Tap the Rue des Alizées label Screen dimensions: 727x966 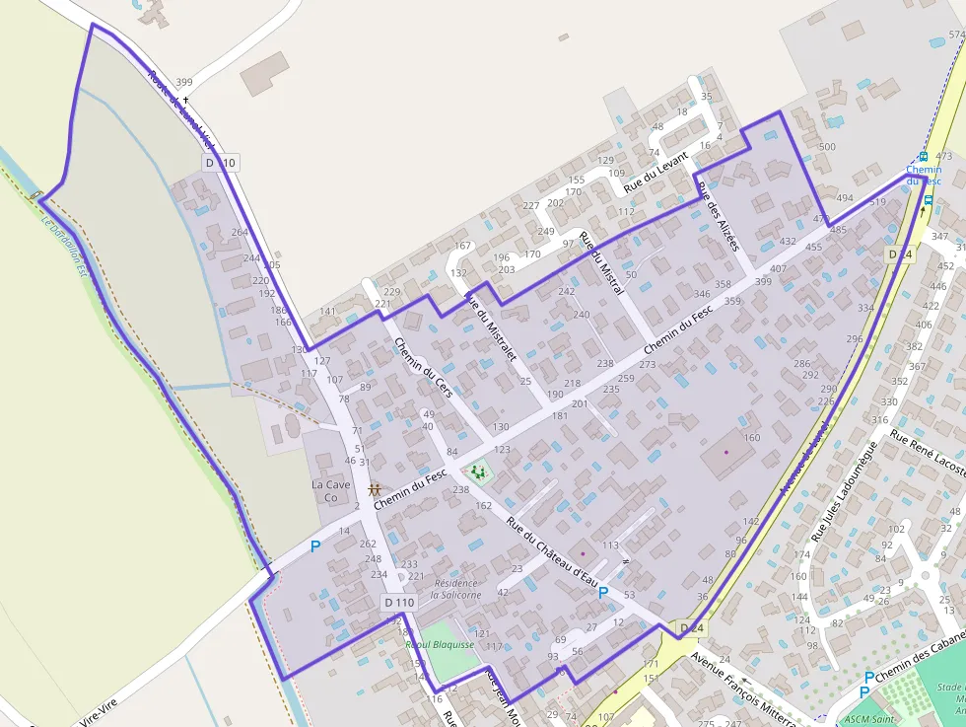[717, 215]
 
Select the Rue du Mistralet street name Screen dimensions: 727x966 [490, 327]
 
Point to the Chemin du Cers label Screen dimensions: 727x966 [423, 368]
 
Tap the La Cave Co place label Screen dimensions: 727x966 [330, 491]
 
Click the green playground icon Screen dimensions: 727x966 [479, 473]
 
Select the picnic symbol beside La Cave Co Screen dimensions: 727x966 [374, 489]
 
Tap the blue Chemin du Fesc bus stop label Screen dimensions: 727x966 [924, 175]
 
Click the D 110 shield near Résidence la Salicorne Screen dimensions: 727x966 [399, 602]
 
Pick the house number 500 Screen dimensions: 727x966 [827, 147]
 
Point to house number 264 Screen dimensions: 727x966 [240, 233]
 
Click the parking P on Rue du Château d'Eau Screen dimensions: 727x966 [603, 592]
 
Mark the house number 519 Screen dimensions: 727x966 [878, 202]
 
